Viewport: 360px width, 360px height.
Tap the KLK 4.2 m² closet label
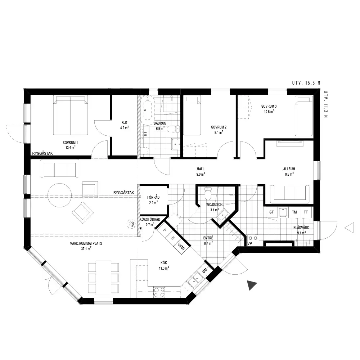click(125, 125)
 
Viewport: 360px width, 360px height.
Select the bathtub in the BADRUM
click(147, 110)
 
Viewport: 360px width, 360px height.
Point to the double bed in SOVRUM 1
click(70, 115)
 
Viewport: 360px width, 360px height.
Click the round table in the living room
click(60, 195)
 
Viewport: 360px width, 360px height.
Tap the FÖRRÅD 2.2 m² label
click(153, 200)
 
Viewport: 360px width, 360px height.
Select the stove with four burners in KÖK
click(159, 292)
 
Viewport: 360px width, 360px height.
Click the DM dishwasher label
click(205, 271)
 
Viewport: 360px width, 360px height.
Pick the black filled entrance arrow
click(251, 285)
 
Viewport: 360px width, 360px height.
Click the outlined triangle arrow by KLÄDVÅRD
click(349, 228)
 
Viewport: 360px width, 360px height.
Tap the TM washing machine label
click(294, 212)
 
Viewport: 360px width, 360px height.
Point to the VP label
click(250, 243)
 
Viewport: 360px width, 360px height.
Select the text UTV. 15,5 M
click(306, 83)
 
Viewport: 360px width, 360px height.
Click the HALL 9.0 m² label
click(201, 171)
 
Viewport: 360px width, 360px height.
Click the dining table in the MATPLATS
click(104, 278)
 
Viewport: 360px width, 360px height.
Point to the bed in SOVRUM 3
click(303, 116)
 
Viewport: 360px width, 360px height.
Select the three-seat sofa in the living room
click(59, 168)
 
